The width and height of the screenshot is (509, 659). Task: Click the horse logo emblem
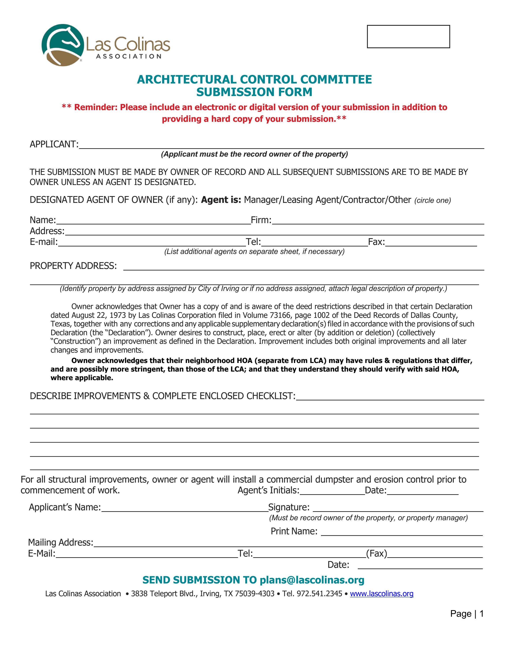[63, 45]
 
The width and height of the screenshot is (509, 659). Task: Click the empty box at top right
[408, 37]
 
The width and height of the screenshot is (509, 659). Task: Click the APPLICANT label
[54, 144]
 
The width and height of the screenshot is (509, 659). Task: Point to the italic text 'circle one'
[432, 201]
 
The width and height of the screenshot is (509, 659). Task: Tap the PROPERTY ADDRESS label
[73, 266]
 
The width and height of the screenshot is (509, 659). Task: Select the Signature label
[289, 507]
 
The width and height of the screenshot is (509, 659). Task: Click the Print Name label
[294, 531]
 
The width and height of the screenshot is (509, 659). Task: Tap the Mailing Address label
[61, 542]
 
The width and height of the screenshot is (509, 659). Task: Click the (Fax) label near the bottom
[376, 553]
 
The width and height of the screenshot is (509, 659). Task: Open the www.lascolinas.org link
[382, 594]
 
